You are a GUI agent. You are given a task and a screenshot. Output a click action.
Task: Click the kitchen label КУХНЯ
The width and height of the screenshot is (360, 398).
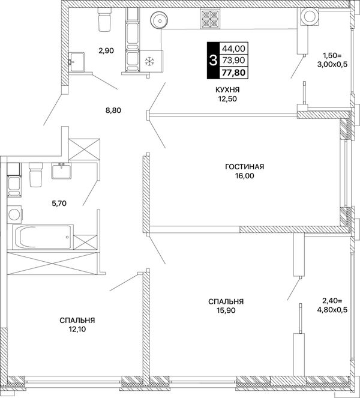click(227, 90)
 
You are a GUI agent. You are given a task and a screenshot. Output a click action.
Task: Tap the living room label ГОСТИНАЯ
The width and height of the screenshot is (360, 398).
click(245, 167)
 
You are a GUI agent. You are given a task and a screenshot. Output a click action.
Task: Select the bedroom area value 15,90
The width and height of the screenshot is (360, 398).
click(226, 310)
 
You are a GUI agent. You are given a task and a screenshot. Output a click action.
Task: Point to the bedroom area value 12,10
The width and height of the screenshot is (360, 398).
click(77, 329)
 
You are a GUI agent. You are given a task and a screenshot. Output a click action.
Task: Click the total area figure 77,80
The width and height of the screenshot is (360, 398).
click(233, 73)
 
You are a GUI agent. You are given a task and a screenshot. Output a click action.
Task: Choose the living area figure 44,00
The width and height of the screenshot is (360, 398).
click(233, 48)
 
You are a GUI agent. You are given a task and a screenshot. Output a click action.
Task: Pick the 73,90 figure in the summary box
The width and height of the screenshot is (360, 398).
click(233, 60)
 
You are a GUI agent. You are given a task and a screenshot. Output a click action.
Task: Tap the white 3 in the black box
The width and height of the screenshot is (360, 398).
click(212, 61)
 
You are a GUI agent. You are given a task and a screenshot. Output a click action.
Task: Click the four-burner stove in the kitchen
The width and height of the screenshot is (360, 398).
click(210, 19)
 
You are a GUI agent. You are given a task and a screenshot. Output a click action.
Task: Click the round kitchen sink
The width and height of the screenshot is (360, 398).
click(159, 19)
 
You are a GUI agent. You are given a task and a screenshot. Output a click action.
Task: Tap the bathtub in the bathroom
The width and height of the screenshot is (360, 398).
click(43, 237)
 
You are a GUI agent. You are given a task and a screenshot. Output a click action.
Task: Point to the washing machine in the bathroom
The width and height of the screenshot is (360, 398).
click(15, 214)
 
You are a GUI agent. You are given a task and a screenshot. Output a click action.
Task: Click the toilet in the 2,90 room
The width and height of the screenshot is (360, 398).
click(104, 19)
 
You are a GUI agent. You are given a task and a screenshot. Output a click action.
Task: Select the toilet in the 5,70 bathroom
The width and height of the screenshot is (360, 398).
click(35, 174)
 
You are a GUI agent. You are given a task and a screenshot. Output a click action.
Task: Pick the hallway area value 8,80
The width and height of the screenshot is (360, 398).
click(113, 110)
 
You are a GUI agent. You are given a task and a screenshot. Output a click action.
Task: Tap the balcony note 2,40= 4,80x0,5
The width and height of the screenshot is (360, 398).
click(334, 306)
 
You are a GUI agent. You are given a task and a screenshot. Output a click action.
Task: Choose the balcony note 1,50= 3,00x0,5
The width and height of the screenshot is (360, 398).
click(332, 59)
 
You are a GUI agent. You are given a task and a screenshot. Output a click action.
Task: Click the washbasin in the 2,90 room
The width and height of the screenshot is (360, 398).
click(76, 62)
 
